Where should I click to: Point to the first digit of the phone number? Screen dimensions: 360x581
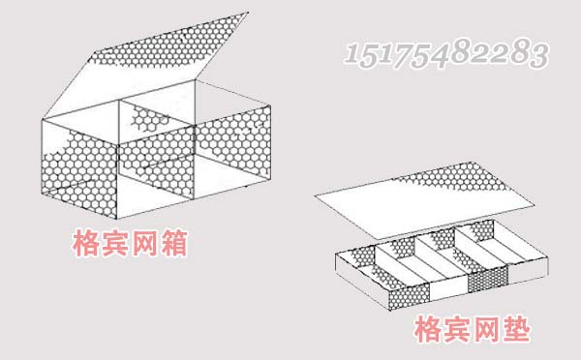click(351, 53)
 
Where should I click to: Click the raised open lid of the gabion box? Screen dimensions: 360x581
click(174, 53)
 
